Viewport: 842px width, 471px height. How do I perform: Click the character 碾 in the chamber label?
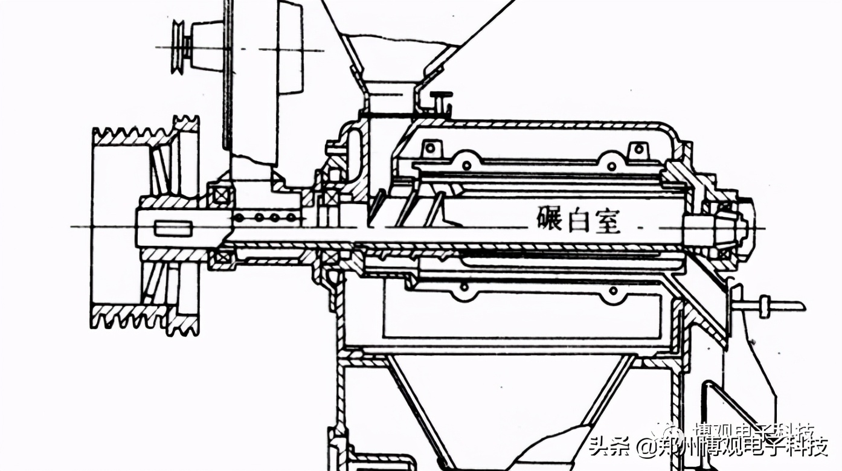click(549, 219)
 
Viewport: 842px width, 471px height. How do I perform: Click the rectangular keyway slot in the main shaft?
click(173, 228)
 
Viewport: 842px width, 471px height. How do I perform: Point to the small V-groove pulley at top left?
click(179, 47)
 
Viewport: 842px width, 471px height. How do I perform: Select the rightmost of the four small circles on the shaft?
click(291, 217)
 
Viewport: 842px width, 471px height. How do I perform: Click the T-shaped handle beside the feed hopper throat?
click(441, 100)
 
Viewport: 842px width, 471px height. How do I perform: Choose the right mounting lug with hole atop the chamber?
click(635, 149)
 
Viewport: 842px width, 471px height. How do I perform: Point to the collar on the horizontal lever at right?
click(765, 306)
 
